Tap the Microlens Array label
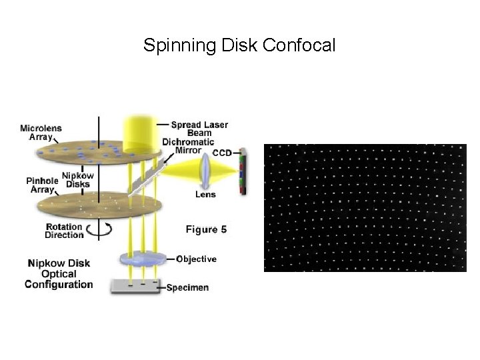pyautogui.click(x=42, y=132)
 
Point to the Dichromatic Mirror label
pyautogui.click(x=189, y=146)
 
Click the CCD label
pyautogui.click(x=222, y=153)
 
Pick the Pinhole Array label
pyautogui.click(x=41, y=185)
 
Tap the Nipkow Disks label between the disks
pyautogui.click(x=77, y=180)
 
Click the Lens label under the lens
pyautogui.click(x=205, y=195)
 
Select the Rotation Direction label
pyautogui.click(x=64, y=231)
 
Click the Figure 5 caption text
pyautogui.click(x=206, y=229)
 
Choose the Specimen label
pyautogui.click(x=187, y=287)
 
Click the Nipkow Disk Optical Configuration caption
pyautogui.click(x=59, y=274)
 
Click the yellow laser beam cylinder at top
pyautogui.click(x=140, y=130)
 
